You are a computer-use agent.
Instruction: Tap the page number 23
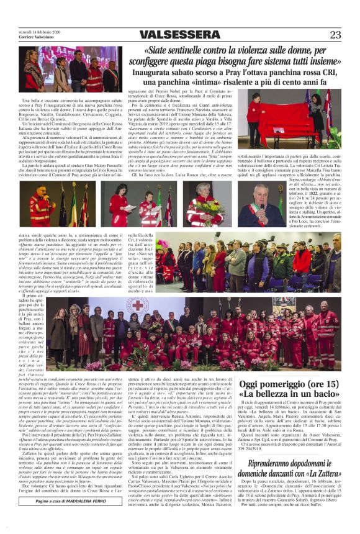tap(336, 35)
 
